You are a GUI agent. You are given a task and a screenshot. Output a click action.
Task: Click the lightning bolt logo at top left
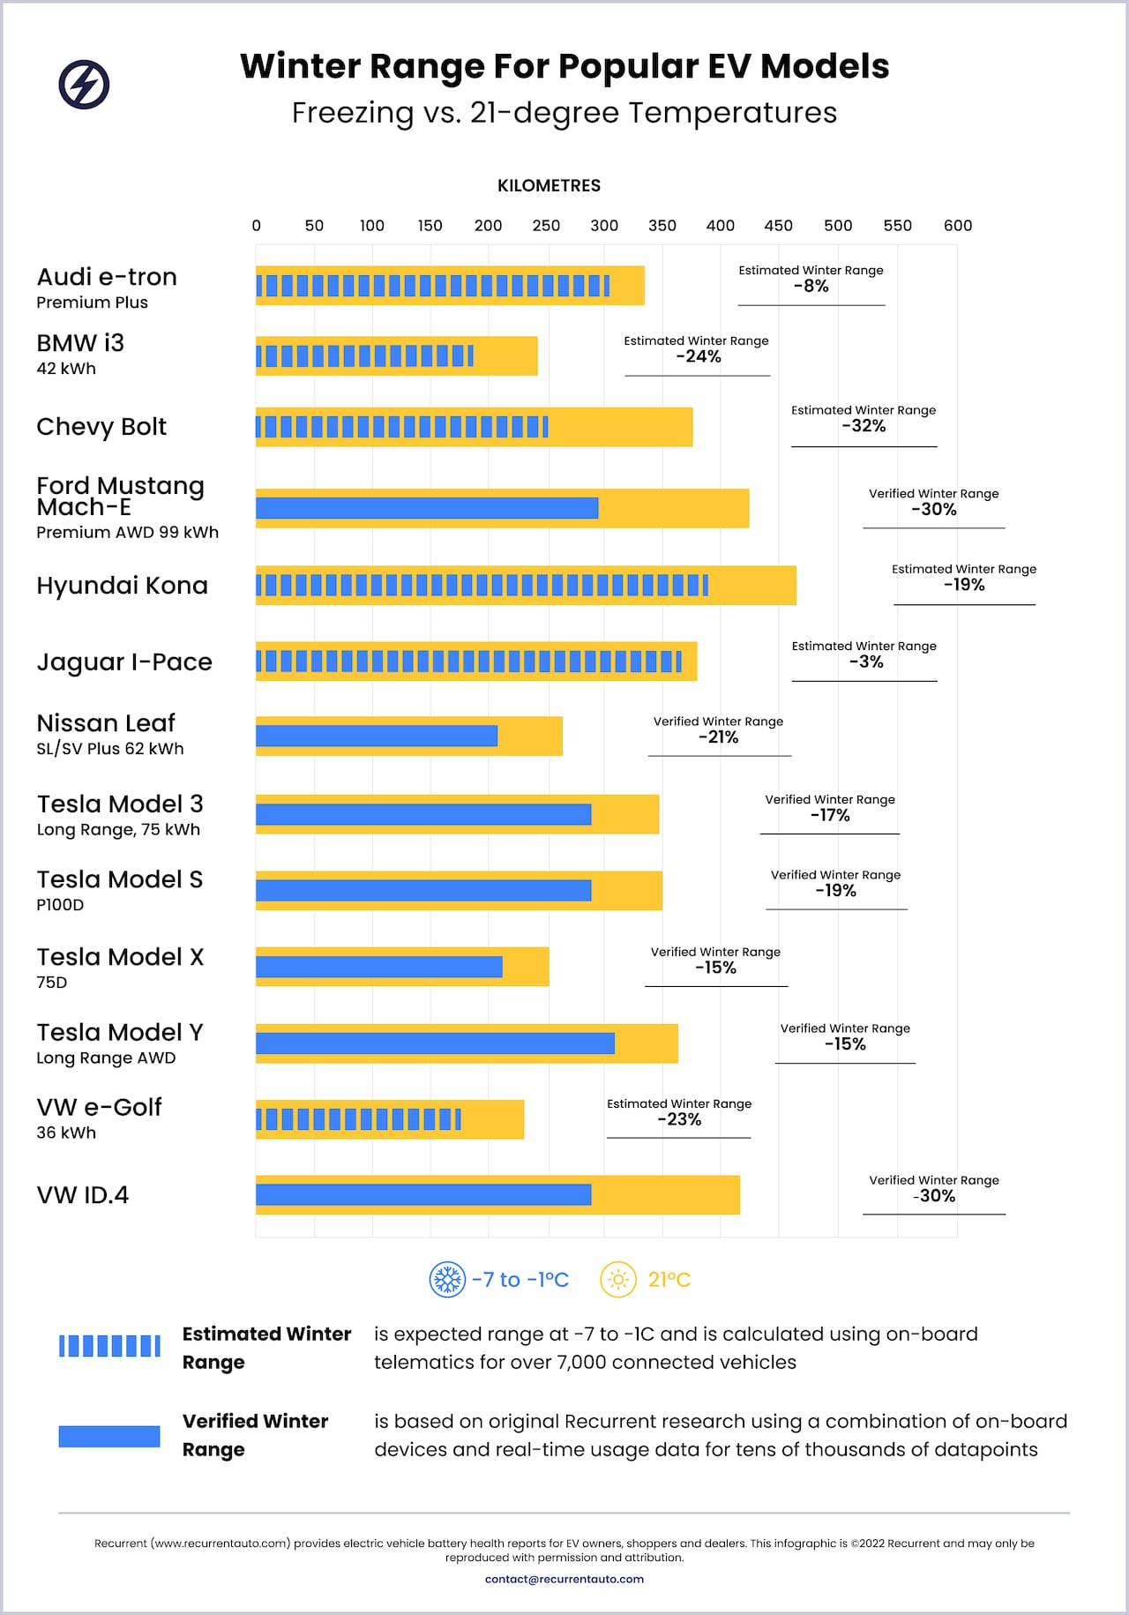pos(84,85)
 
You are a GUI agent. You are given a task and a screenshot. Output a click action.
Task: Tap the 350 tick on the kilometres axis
pos(662,226)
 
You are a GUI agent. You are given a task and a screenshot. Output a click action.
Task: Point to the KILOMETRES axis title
pos(549,186)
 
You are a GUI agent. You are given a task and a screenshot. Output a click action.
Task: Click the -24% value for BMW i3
pos(699,356)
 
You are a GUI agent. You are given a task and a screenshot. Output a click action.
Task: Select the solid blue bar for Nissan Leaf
pos(377,736)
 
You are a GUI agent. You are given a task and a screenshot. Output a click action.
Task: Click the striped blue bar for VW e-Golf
pos(358,1119)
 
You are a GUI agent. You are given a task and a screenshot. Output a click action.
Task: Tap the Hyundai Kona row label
pos(123,586)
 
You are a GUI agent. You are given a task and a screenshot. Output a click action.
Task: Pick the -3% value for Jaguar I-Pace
pos(866,662)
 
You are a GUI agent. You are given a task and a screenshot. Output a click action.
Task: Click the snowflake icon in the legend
pos(447,1279)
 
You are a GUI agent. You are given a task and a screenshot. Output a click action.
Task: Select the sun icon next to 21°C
pos(618,1279)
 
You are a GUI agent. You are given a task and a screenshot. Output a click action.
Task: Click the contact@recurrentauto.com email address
pos(564,1579)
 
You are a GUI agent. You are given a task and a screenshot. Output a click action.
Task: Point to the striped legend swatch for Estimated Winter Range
pos(109,1346)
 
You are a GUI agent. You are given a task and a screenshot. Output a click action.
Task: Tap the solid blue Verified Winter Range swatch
pos(109,1436)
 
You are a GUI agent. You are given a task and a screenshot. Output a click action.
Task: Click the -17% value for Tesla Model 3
pos(830,815)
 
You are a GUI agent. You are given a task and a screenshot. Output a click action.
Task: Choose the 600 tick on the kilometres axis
pos(957,226)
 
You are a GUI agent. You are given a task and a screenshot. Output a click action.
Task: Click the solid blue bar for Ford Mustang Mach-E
pos(427,508)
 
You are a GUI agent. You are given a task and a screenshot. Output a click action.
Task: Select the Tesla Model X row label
pos(120,957)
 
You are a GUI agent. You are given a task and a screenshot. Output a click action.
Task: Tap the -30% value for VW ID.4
pos(934,1196)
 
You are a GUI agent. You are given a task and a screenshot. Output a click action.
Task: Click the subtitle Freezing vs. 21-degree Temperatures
pos(564,113)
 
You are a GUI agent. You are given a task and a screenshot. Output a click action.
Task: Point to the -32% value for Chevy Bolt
pos(864,426)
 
